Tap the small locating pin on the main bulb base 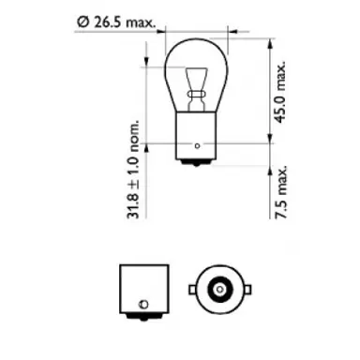tap(196, 146)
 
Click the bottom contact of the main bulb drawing tap(196, 166)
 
